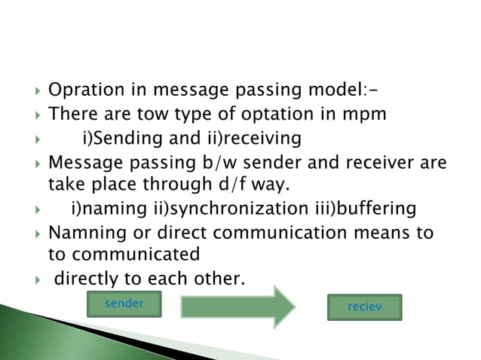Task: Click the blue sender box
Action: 124,304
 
